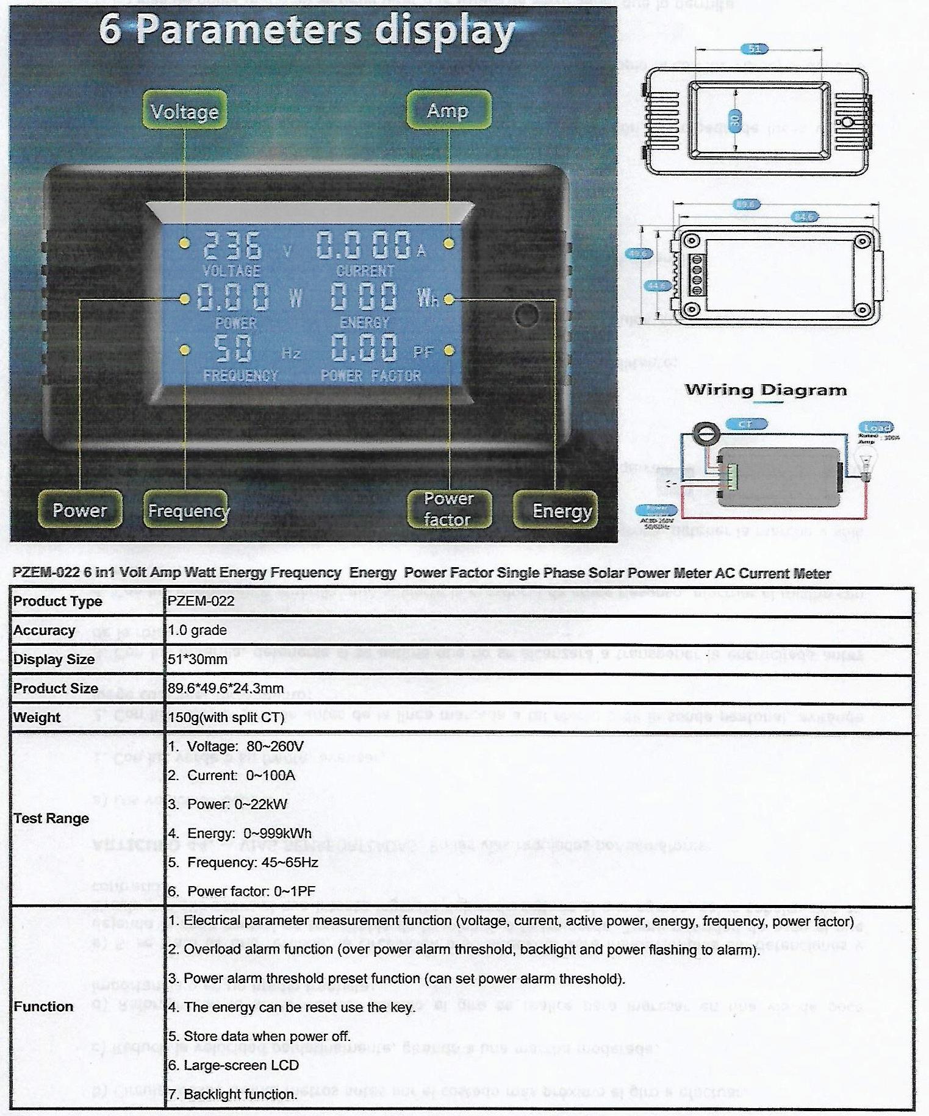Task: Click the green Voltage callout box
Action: pos(185,112)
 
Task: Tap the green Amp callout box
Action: pos(448,111)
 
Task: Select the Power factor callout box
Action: pos(449,509)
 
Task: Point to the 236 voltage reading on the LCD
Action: pos(232,246)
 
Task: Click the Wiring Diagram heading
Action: pos(766,390)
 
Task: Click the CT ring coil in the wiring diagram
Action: pos(706,432)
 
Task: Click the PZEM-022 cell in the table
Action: pos(201,601)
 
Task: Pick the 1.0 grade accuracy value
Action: pos(197,631)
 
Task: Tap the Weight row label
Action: pos(37,718)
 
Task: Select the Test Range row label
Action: pos(51,818)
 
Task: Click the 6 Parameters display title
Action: pos(307,31)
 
